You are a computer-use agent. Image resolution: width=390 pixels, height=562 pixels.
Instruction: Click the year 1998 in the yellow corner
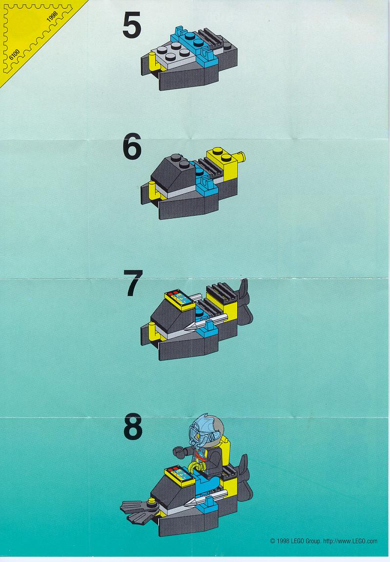tap(52, 20)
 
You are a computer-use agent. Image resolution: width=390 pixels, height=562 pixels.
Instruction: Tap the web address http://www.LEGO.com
tap(350, 541)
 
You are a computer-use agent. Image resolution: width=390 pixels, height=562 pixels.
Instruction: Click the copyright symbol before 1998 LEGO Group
tap(272, 541)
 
